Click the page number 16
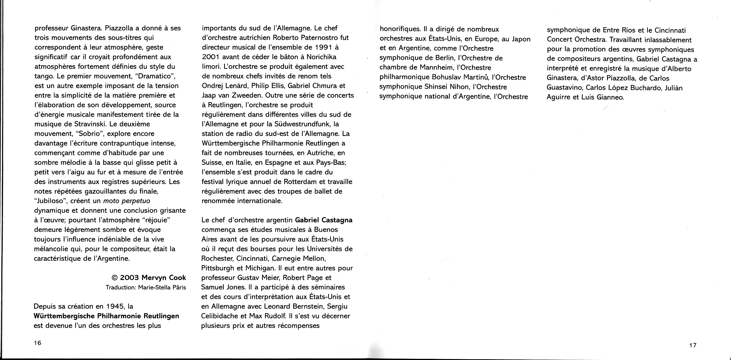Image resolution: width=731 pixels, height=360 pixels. tap(38, 343)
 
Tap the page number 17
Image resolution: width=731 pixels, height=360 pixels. tap(693, 345)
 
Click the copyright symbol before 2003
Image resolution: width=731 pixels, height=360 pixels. tap(115, 277)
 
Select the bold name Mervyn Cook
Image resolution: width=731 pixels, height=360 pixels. tap(164, 277)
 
